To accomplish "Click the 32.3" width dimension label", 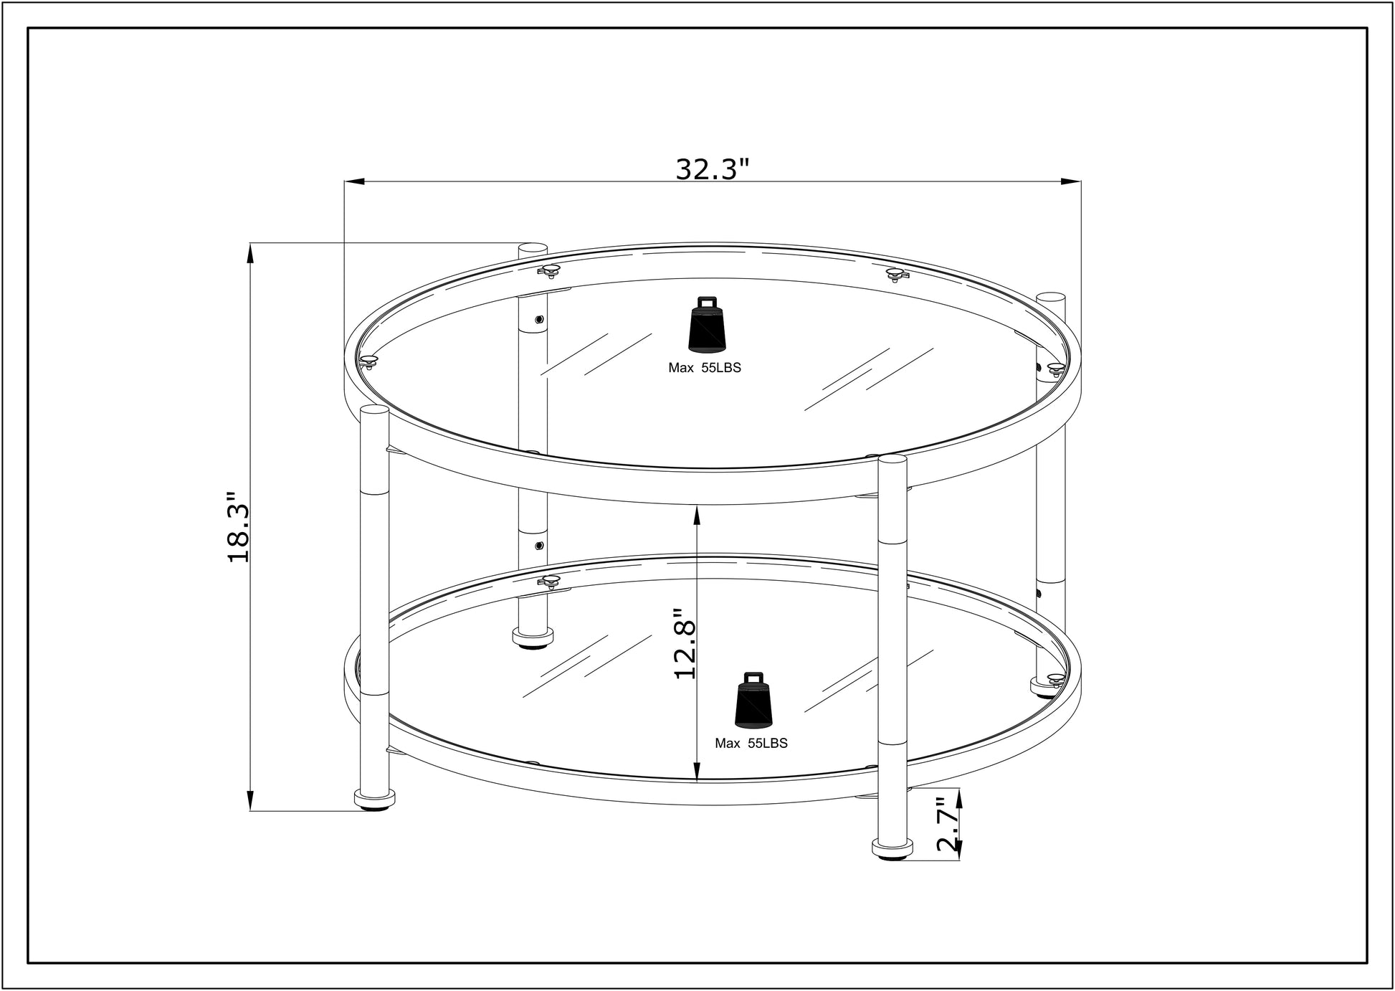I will coord(712,169).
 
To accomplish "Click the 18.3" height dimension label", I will coord(238,527).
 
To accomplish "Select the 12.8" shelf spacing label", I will coord(685,643).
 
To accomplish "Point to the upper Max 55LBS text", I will coord(704,368).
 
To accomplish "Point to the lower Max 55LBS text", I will coord(751,744).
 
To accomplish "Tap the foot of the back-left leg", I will coord(533,637).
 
